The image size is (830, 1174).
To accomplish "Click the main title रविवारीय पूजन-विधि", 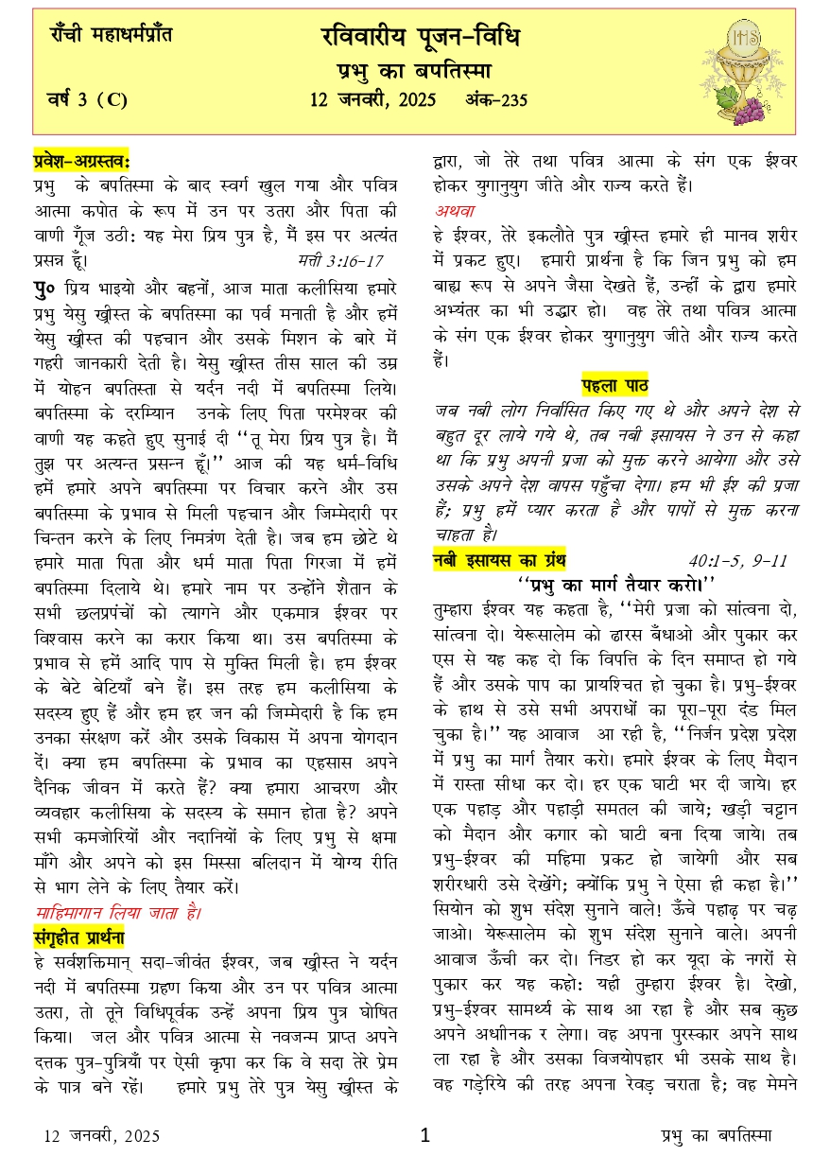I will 421,39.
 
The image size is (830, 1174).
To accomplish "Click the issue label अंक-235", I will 496,100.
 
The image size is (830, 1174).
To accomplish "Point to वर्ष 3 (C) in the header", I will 87,99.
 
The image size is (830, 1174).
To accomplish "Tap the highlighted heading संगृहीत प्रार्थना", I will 79,938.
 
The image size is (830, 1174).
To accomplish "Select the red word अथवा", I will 455,209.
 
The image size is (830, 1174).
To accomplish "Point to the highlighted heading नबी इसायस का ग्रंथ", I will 499,560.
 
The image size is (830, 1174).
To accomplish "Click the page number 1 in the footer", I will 424,1135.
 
